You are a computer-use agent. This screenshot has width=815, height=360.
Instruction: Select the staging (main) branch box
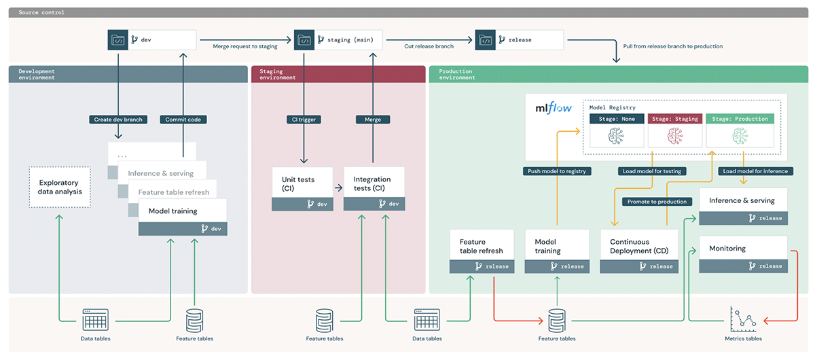pos(339,40)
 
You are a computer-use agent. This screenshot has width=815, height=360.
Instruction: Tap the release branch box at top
pos(520,40)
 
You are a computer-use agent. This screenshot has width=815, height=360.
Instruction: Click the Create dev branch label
pos(118,120)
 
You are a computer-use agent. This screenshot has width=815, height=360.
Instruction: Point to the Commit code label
pos(183,120)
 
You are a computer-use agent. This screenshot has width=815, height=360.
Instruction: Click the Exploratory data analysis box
pos(59,187)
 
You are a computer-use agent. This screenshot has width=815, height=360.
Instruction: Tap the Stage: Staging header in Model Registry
pos(675,119)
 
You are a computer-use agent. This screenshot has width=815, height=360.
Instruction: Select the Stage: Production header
pos(740,119)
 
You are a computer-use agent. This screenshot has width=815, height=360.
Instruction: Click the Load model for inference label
pos(755,171)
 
